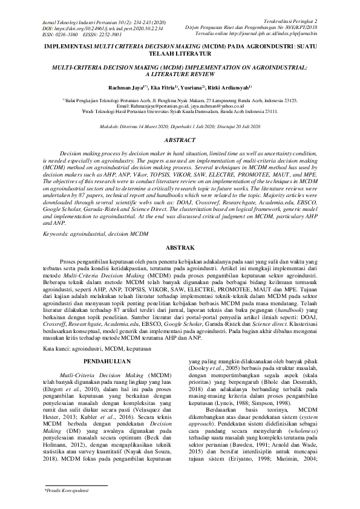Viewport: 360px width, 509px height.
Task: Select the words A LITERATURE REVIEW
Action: [180, 70]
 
